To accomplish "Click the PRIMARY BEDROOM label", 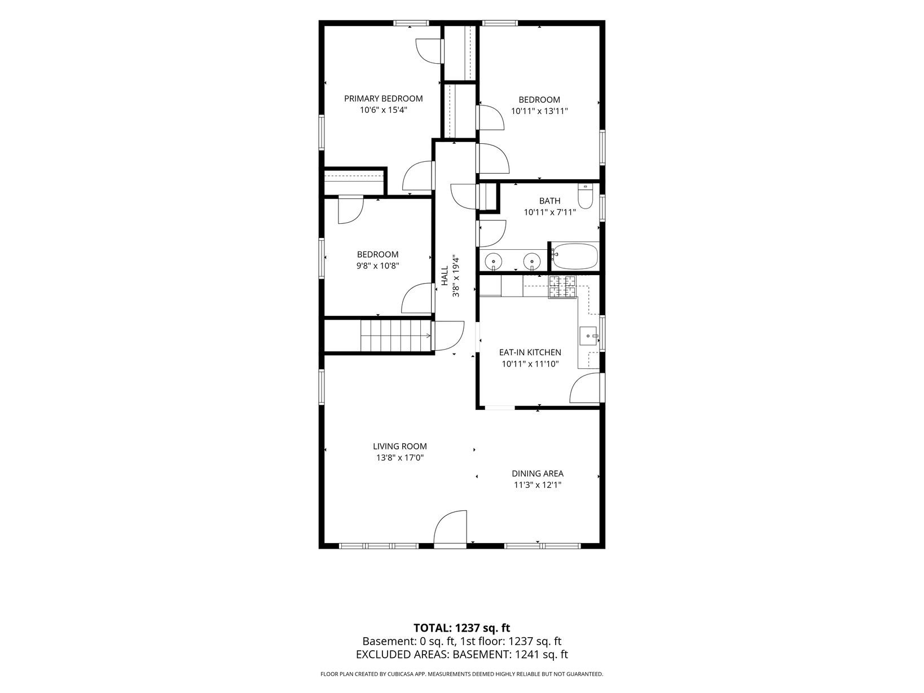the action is point(383,99).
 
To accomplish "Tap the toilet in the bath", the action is point(585,196).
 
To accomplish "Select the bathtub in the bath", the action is point(574,256).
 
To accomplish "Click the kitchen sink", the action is point(588,336).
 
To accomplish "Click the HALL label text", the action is point(445,276).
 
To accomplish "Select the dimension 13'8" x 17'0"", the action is point(399,458).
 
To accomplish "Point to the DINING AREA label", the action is point(538,473).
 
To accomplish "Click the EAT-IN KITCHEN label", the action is point(530,352).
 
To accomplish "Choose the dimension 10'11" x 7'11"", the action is point(549,213).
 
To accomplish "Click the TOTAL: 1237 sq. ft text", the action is point(462,628).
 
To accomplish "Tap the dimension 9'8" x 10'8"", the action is point(377,266).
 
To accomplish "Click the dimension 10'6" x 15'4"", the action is point(383,111).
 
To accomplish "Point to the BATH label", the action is point(549,201).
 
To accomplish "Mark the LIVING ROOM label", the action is point(399,446).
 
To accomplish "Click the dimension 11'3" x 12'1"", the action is point(538,485).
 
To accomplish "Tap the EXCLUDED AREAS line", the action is point(462,654).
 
